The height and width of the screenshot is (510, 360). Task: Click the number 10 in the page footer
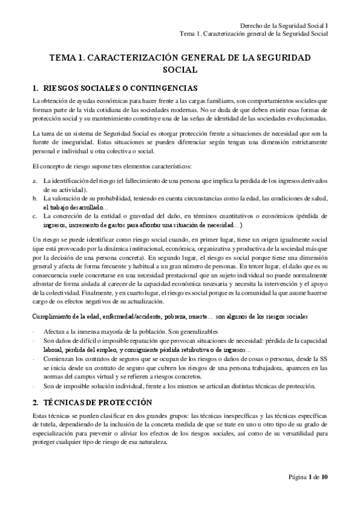click(324, 495)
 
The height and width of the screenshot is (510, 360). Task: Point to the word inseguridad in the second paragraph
click(69, 140)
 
